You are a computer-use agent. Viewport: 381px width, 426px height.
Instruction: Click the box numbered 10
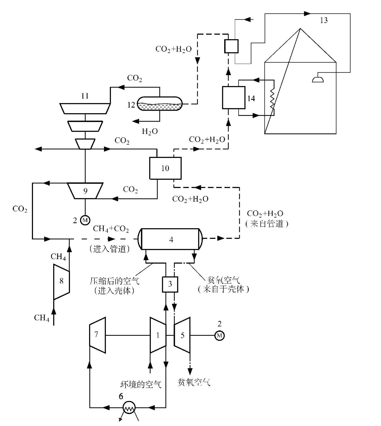(x=165, y=168)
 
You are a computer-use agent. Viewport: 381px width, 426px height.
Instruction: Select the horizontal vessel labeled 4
(x=171, y=239)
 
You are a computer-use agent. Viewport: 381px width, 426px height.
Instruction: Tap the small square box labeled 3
(x=170, y=284)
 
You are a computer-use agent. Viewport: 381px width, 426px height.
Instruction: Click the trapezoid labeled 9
(x=85, y=191)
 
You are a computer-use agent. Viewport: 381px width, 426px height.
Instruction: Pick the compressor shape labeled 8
(x=61, y=281)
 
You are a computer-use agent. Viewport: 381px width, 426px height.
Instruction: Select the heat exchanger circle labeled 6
(x=129, y=407)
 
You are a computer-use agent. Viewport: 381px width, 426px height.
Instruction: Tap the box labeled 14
(x=234, y=98)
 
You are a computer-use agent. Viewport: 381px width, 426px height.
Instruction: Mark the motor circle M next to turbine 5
(x=220, y=336)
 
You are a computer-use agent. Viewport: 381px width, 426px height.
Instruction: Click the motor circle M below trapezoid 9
(x=85, y=220)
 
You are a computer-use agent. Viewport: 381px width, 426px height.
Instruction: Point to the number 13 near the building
(x=324, y=21)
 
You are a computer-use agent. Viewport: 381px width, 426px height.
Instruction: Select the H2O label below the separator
(x=150, y=131)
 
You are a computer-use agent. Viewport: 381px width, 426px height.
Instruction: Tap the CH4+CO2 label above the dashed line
(x=111, y=229)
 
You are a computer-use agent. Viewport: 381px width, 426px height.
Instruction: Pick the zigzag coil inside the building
(x=272, y=99)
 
